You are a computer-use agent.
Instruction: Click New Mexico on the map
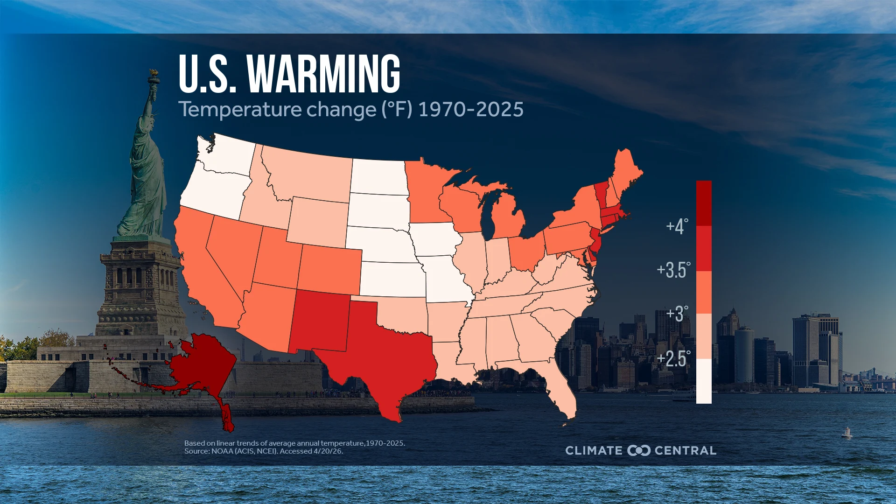[x=320, y=322]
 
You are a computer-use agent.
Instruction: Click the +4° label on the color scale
[x=677, y=226]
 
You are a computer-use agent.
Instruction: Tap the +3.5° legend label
[x=673, y=270]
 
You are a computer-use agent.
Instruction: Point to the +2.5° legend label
[x=673, y=359]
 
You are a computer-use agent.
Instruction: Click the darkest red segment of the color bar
[x=704, y=203]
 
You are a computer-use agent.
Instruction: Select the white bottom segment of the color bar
[x=704, y=381]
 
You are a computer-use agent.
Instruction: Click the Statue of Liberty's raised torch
[x=153, y=75]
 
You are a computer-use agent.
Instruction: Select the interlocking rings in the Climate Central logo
[x=638, y=450]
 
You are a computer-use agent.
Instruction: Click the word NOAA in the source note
[x=222, y=451]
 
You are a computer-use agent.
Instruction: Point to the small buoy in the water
[x=847, y=433]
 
